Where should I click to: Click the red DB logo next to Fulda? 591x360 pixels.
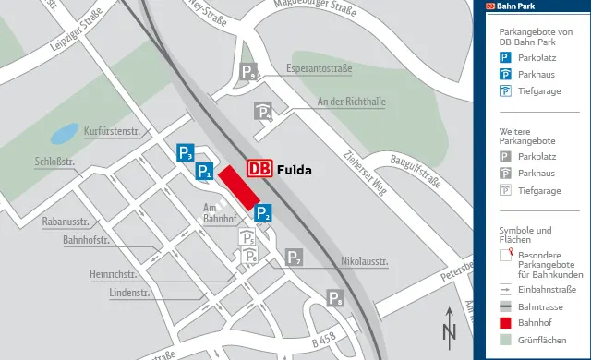point(259,169)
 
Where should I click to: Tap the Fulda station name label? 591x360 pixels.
point(295,170)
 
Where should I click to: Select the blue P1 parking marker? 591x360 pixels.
point(205,171)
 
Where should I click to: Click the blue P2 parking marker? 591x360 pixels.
point(263,213)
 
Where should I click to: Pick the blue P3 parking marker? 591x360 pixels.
point(186,153)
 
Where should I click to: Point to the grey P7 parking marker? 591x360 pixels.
point(294,258)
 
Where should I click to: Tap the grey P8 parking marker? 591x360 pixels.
point(336,297)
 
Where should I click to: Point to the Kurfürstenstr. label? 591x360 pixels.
point(111,131)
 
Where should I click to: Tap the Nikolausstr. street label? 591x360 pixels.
point(365,261)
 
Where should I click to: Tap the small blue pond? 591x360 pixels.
point(64,134)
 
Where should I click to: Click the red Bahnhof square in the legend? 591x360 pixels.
point(505,322)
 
